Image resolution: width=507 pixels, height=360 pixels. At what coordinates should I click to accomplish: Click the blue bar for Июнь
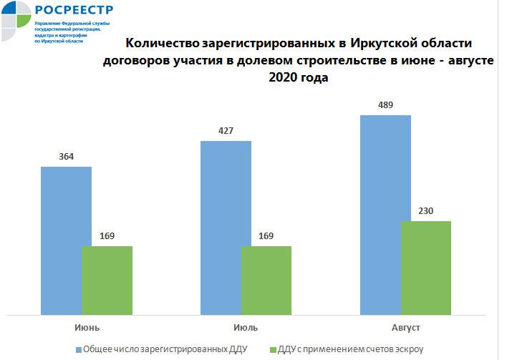pos(66,240)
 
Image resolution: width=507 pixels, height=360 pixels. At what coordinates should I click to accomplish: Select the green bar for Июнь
pos(107,280)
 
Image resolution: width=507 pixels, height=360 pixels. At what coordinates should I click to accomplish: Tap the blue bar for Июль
pos(226,228)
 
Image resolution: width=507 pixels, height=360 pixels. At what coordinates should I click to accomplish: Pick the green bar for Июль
pos(266,280)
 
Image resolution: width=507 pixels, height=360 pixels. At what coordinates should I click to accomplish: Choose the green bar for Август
pos(426,268)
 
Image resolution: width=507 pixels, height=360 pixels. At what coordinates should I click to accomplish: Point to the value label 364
pos(67,157)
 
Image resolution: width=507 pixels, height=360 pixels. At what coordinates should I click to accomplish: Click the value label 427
pos(226,131)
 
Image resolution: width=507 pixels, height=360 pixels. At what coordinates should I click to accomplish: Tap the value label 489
pos(385,104)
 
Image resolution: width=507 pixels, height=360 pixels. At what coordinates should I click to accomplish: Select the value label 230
pos(426,211)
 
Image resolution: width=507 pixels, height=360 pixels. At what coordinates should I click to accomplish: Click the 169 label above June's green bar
pos(107,236)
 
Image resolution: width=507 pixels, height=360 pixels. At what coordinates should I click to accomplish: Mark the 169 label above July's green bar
pos(266,236)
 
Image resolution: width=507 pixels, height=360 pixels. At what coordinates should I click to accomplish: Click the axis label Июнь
pos(87,327)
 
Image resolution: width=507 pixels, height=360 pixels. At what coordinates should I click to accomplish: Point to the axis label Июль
pos(246,327)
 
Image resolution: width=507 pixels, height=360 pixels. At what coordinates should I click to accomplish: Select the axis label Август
pos(405,327)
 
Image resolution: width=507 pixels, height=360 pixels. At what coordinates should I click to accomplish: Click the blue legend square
pos(78,350)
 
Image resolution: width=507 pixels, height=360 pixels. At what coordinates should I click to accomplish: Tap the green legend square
pos(272,350)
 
